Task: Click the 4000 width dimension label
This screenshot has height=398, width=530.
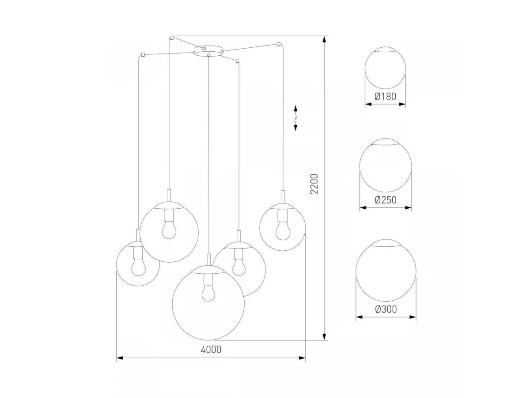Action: (x=211, y=349)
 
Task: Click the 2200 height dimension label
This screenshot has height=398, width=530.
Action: (x=314, y=184)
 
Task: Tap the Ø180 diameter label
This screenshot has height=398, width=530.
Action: (x=385, y=96)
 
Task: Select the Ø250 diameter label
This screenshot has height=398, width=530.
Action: (x=386, y=200)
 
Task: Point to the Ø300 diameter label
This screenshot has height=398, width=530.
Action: (x=386, y=309)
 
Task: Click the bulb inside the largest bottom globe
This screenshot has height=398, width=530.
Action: (x=208, y=292)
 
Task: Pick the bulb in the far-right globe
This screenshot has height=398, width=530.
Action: (x=283, y=231)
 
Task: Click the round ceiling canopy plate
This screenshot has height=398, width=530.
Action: (x=208, y=51)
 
